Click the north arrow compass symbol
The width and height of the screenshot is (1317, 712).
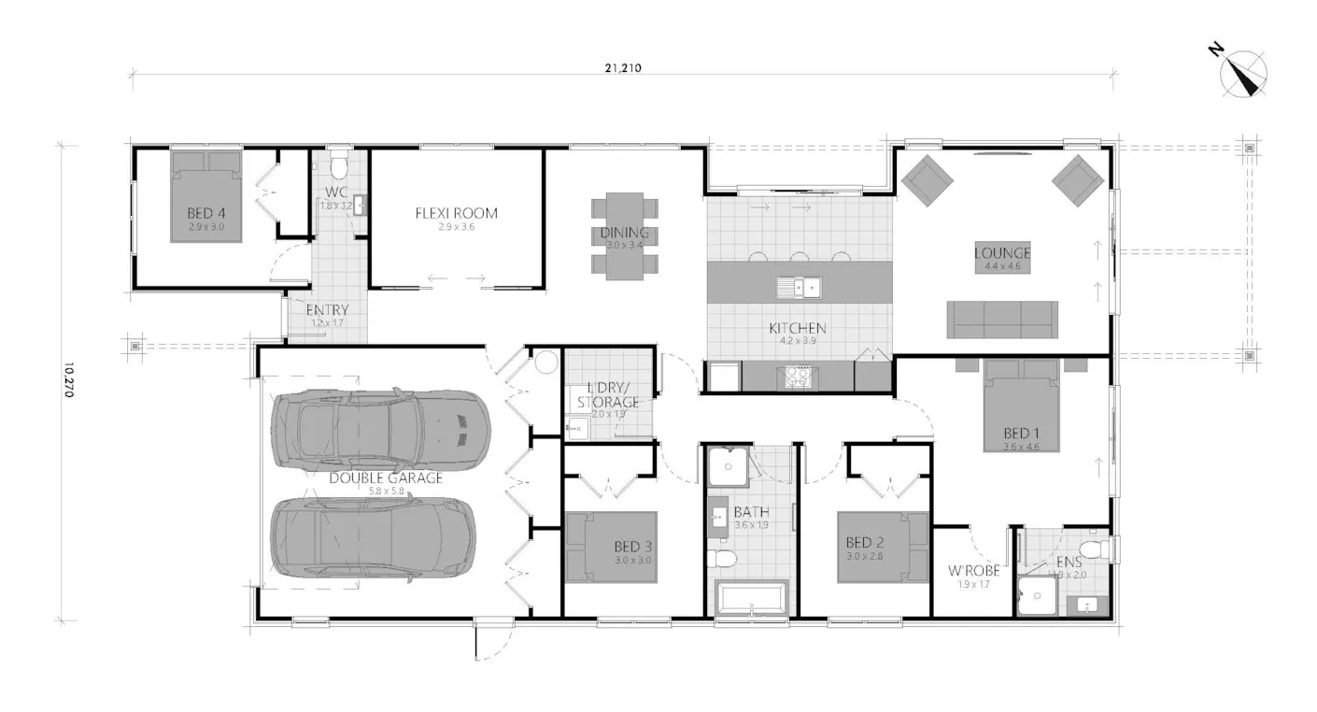(x=1243, y=74)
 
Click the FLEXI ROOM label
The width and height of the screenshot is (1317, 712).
(x=456, y=213)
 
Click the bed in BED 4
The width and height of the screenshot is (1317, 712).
(x=205, y=198)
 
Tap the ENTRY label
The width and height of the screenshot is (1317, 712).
(x=327, y=310)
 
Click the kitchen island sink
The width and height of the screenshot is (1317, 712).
(x=800, y=286)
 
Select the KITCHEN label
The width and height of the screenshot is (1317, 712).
(x=797, y=328)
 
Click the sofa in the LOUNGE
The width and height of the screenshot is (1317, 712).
(x=1002, y=320)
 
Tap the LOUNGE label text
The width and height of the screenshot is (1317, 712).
(x=1002, y=252)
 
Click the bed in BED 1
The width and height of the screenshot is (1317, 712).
(x=1021, y=408)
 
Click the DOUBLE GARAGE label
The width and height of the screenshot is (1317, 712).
(x=385, y=477)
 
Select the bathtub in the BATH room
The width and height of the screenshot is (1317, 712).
(x=753, y=598)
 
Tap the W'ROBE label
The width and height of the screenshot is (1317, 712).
(x=973, y=570)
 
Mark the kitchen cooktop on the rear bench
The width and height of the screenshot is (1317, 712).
(x=797, y=377)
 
